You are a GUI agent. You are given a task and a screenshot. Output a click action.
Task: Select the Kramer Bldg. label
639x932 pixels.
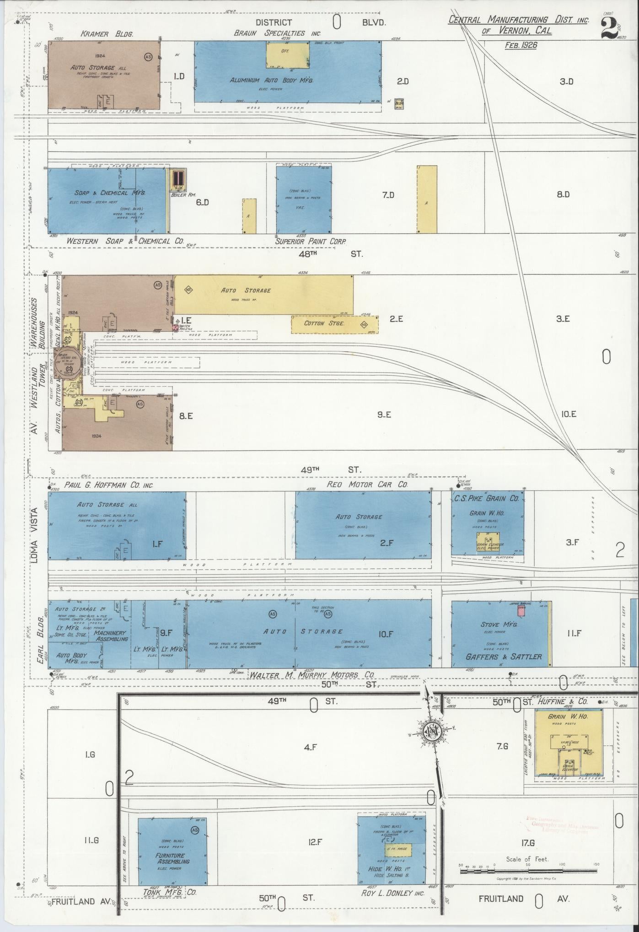(x=107, y=34)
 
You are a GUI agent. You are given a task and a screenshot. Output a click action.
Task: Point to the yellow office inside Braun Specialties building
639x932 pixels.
(x=288, y=56)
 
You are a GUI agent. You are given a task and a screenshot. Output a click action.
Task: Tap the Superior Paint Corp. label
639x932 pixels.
(x=311, y=241)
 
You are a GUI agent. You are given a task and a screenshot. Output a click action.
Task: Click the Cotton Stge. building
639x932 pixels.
(x=335, y=324)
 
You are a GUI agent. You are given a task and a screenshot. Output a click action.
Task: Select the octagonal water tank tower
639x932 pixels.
(x=69, y=364)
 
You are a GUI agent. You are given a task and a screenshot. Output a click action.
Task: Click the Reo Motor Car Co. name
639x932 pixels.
(x=366, y=484)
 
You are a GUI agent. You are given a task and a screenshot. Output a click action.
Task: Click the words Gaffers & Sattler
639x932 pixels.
(x=503, y=657)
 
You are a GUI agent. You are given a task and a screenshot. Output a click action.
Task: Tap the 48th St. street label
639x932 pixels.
(x=330, y=253)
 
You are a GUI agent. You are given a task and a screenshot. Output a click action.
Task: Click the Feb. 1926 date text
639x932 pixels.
(x=521, y=45)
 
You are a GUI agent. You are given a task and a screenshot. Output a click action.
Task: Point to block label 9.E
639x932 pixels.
(x=384, y=415)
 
